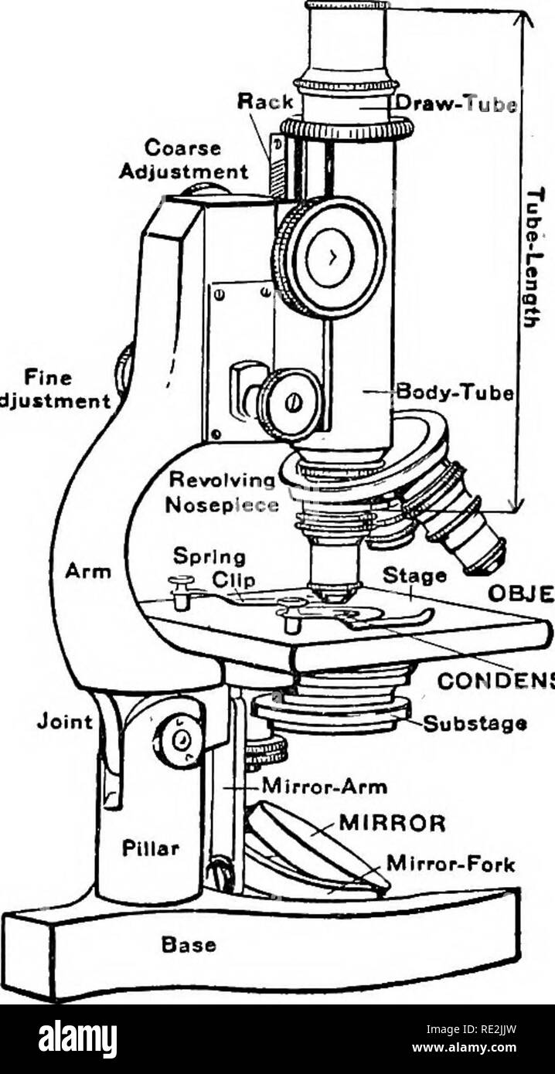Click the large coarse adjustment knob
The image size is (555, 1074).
[x=331, y=257]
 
